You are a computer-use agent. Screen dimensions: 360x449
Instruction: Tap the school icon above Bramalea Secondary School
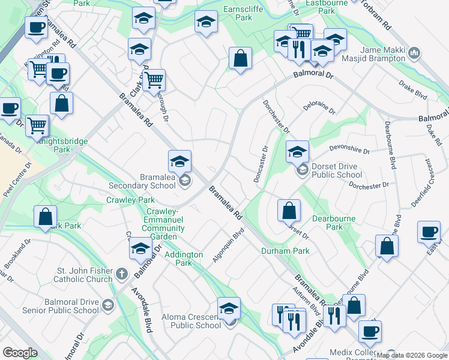179,161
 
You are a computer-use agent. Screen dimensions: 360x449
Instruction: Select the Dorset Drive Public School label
336,171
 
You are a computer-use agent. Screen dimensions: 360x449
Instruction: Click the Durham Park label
285,251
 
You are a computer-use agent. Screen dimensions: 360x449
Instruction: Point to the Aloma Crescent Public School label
191,321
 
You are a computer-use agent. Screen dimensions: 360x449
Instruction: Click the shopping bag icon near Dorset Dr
289,210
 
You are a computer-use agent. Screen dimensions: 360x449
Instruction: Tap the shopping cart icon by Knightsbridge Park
37,125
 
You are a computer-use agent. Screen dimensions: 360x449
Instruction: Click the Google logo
20,353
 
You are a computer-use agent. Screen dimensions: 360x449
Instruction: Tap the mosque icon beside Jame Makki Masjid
414,55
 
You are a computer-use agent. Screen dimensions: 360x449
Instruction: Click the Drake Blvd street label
413,90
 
